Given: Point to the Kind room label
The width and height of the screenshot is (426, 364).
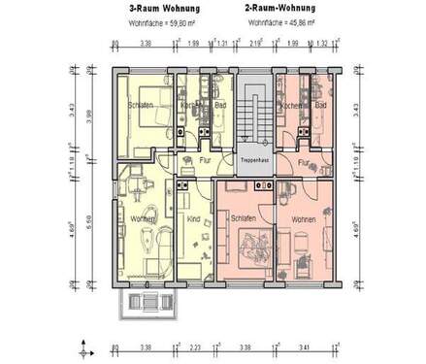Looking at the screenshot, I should click(x=192, y=219).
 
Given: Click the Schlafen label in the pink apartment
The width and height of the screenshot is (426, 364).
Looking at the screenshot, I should click(x=243, y=218).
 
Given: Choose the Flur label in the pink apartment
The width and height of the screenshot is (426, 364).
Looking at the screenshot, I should click(x=304, y=163).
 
